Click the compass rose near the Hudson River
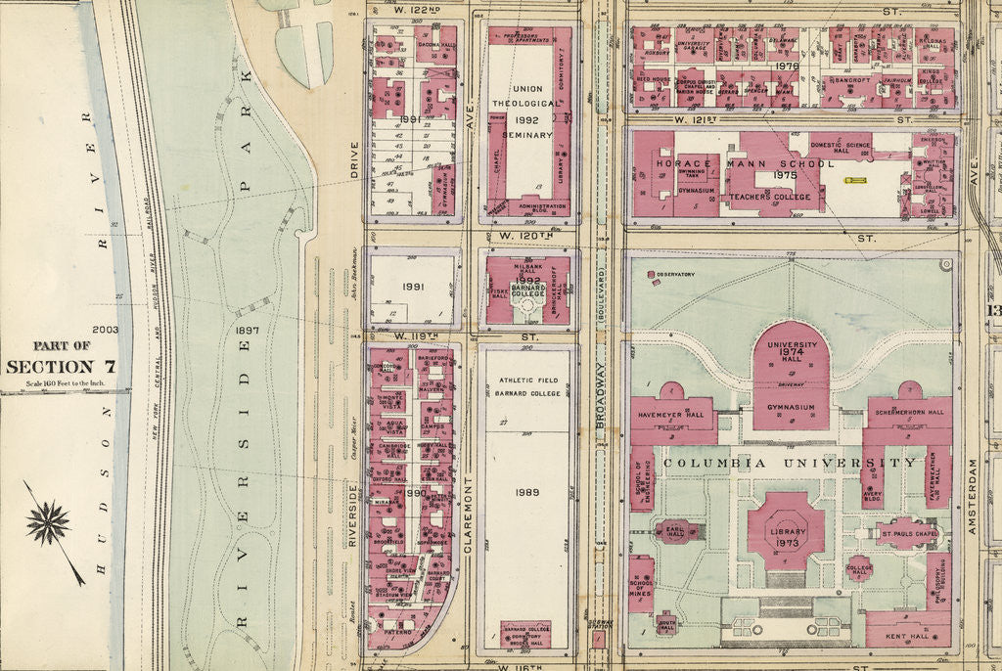48,522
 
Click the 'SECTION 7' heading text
61,367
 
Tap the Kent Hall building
908,635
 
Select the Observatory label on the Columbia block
674,274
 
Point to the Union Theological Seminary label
528,112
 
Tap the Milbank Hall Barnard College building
528,290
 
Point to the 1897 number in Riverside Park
247,331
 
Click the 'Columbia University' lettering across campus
790,462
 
